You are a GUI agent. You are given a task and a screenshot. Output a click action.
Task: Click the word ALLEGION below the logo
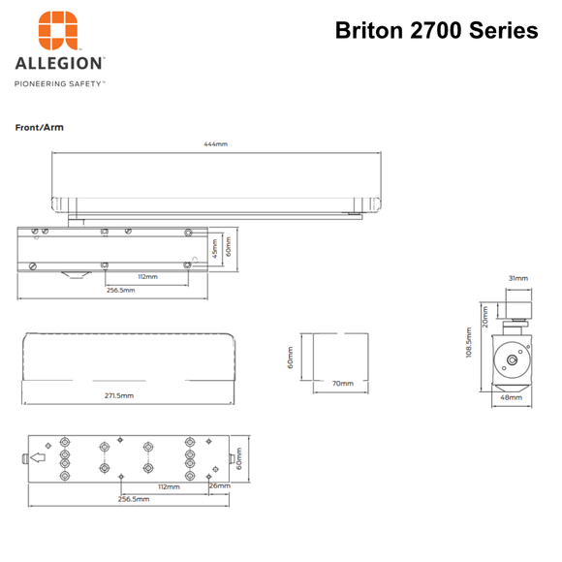[60, 64]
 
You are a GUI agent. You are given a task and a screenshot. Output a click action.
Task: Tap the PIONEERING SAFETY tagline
[59, 83]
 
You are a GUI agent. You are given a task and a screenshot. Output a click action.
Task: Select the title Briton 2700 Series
[436, 30]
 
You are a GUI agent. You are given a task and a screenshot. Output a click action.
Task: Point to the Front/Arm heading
[40, 127]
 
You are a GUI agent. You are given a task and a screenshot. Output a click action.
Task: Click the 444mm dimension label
[215, 144]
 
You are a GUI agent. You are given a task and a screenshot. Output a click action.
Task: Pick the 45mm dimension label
[215, 249]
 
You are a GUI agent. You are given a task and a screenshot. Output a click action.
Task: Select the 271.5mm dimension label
[119, 395]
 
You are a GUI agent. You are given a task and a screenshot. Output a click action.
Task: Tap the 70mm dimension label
[343, 384]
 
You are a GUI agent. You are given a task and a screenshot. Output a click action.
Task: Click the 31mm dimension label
[517, 278]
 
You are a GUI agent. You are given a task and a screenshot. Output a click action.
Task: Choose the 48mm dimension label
[510, 397]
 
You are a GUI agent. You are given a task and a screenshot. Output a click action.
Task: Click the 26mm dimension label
[221, 485]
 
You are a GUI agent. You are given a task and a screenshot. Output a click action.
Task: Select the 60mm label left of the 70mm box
[291, 359]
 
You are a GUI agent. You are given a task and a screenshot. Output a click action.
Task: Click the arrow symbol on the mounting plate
[40, 458]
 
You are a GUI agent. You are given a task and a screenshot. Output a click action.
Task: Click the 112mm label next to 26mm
[171, 486]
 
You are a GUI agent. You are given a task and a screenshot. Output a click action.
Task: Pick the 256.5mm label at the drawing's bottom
[134, 499]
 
